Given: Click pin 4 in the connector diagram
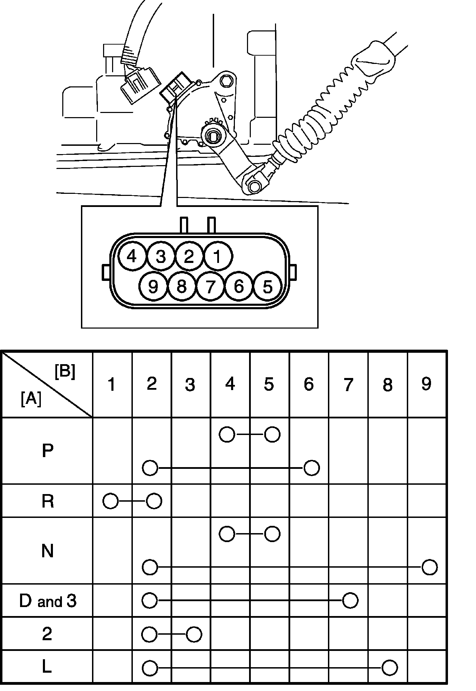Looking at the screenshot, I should (132, 257).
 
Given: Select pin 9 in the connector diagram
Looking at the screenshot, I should (153, 286).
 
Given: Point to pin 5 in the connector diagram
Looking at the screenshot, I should (268, 287).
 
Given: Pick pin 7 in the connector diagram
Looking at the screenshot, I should (210, 286).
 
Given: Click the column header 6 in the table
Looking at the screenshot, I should (309, 384).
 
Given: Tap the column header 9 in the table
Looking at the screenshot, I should (426, 384).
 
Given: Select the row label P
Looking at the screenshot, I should (47, 451).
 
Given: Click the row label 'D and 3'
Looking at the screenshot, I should (47, 602).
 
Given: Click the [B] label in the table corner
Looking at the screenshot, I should (65, 372).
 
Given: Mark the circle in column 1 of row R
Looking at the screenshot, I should (111, 501).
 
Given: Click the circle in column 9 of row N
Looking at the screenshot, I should (430, 567).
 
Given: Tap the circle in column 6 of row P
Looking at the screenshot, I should (311, 468).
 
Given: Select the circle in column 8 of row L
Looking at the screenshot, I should (390, 668).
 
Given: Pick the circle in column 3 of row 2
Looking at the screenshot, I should (194, 634).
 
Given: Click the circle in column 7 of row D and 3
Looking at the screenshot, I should (350, 601).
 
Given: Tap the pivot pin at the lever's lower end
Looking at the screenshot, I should (255, 186).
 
